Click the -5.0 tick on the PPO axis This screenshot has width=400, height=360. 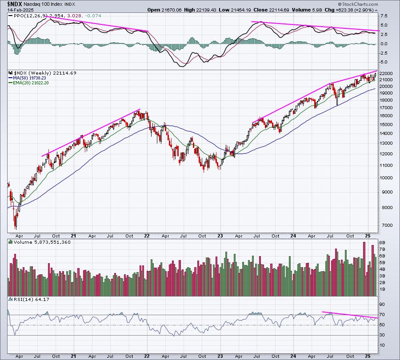384,62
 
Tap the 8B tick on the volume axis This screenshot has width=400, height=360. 382,242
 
